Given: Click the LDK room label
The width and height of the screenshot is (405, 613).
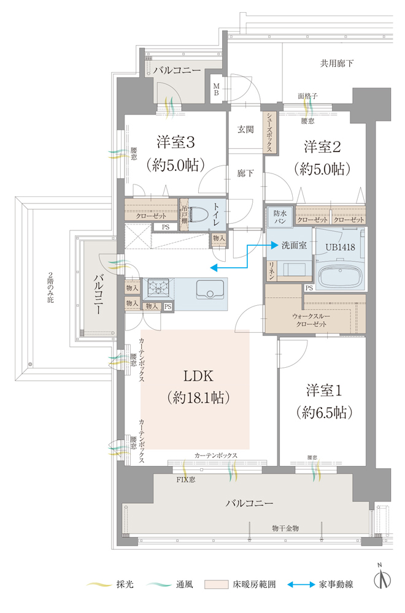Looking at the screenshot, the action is pyautogui.click(x=198, y=376).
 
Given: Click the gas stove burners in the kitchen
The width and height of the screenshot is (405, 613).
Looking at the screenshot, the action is pyautogui.click(x=158, y=289).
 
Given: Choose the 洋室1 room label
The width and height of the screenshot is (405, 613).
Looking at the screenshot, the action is pyautogui.click(x=324, y=390).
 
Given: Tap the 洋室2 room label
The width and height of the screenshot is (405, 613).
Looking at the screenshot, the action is pyautogui.click(x=322, y=147).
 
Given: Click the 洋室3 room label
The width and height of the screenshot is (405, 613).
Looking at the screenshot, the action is pyautogui.click(x=175, y=142).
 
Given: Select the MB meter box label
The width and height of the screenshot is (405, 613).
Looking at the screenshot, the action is pyautogui.click(x=216, y=89).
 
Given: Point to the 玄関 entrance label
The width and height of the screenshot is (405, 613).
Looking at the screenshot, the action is pyautogui.click(x=245, y=129).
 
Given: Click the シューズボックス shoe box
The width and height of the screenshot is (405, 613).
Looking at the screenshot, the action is pyautogui.click(x=271, y=132).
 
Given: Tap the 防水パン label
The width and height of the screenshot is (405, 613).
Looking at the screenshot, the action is pyautogui.click(x=279, y=217).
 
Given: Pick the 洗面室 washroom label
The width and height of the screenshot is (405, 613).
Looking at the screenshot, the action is pyautogui.click(x=295, y=245).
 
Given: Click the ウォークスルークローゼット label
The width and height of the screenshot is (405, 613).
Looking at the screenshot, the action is pyautogui.click(x=311, y=320).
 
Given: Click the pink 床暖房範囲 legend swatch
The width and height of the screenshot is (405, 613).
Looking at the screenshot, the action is pyautogui.click(x=217, y=584).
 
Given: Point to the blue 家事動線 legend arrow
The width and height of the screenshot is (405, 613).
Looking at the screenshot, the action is pyautogui.click(x=301, y=585).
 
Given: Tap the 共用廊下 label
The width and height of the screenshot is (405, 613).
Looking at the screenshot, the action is pyautogui.click(x=337, y=63).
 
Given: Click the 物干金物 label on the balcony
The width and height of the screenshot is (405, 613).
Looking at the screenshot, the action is pyautogui.click(x=286, y=528).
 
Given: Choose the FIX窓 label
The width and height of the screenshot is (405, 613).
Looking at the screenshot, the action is pyautogui.click(x=186, y=480).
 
